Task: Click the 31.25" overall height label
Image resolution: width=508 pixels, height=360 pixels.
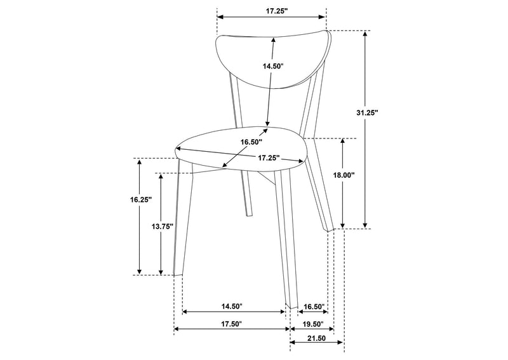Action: [368, 112]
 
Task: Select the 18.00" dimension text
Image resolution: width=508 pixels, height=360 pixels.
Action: [344, 175]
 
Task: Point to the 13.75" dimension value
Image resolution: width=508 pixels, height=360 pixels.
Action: [163, 227]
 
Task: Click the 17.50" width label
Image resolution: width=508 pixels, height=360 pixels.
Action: [232, 324]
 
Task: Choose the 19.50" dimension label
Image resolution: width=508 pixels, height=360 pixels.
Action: [313, 324]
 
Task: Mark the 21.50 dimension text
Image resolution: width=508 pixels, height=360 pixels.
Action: [316, 338]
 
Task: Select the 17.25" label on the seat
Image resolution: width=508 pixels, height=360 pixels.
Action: [269, 158]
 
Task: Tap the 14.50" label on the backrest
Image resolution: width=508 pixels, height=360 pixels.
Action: [273, 66]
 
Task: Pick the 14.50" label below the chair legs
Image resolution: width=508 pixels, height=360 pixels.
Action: [232, 306]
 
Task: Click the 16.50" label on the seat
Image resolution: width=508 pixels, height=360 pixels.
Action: [251, 142]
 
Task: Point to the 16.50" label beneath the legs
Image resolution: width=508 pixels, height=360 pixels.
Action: [314, 306]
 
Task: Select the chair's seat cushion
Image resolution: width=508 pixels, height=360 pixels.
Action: [241, 147]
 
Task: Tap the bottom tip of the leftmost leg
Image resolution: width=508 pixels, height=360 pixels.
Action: [178, 275]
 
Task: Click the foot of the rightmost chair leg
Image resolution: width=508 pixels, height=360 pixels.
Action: [330, 230]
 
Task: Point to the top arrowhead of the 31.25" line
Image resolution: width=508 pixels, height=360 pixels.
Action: [365, 34]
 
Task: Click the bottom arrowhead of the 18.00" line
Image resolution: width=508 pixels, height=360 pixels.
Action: [343, 225]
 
